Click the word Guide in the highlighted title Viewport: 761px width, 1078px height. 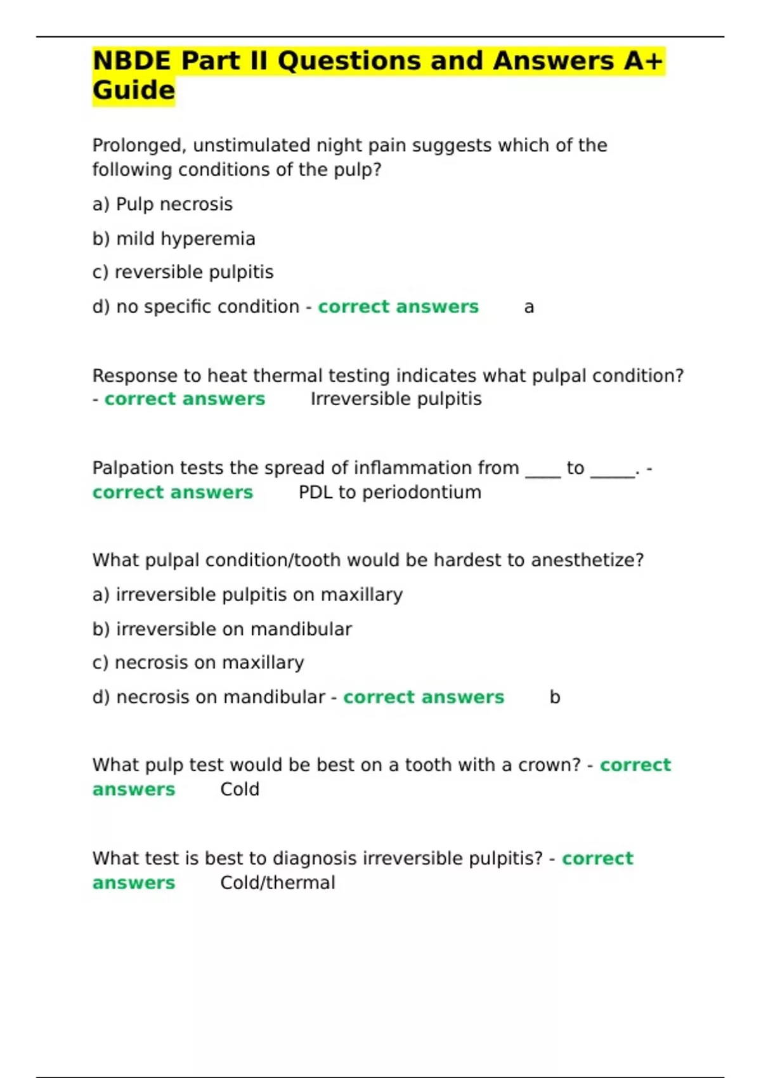click(x=133, y=90)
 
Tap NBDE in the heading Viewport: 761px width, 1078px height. click(x=131, y=61)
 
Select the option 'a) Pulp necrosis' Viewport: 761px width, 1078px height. click(x=162, y=204)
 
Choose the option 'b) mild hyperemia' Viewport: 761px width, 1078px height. click(x=174, y=238)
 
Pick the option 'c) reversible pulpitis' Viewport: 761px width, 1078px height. click(x=183, y=272)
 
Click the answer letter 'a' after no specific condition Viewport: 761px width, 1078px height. click(x=529, y=308)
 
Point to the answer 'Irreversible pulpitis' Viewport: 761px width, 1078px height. click(x=396, y=399)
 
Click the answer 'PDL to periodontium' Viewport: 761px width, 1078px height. click(x=389, y=492)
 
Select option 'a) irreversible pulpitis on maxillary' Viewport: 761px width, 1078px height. click(x=247, y=595)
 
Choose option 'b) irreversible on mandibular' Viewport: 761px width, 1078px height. click(x=222, y=629)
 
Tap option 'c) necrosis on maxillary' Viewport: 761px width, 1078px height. click(x=198, y=663)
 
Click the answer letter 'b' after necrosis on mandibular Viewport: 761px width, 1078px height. click(x=555, y=697)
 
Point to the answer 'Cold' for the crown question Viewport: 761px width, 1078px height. click(x=240, y=789)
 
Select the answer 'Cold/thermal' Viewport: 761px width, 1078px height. click(x=278, y=883)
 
